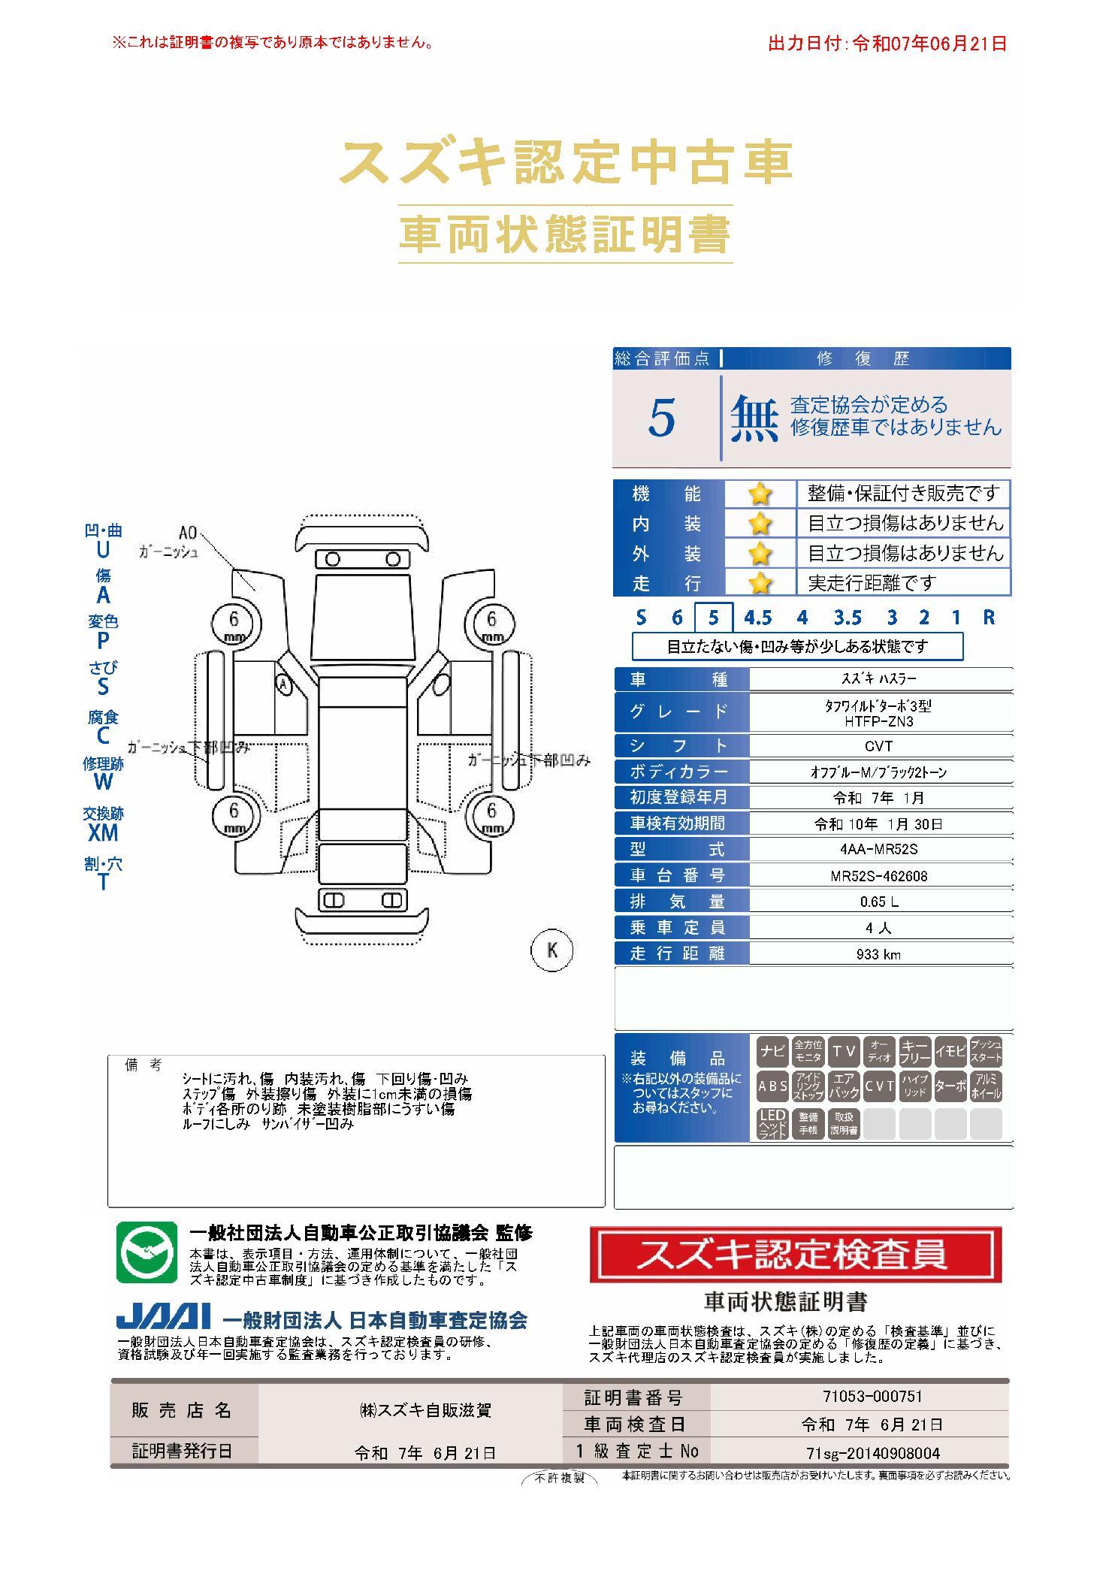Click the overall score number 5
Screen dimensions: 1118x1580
tap(661, 418)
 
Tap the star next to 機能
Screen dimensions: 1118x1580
tap(760, 494)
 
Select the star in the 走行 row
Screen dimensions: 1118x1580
tap(760, 582)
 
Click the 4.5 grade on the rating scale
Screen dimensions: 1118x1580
tap(757, 618)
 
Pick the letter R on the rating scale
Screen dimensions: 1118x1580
tap(989, 618)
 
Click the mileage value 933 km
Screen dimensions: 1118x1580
tap(878, 954)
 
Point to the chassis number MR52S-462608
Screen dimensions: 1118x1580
tap(878, 876)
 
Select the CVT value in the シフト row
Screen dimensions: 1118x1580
tap(878, 746)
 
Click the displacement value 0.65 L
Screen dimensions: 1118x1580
tap(878, 902)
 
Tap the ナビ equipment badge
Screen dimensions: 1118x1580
tap(772, 1051)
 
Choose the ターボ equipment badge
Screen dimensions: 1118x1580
tap(950, 1086)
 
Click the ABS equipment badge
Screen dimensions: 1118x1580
tap(772, 1086)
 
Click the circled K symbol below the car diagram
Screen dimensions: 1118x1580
tap(552, 950)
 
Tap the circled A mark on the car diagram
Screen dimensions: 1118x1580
tap(283, 684)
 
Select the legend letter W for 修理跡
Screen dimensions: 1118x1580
tap(103, 781)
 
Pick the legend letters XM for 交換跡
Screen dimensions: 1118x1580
tap(103, 832)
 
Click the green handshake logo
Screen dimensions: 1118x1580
tap(147, 1252)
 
